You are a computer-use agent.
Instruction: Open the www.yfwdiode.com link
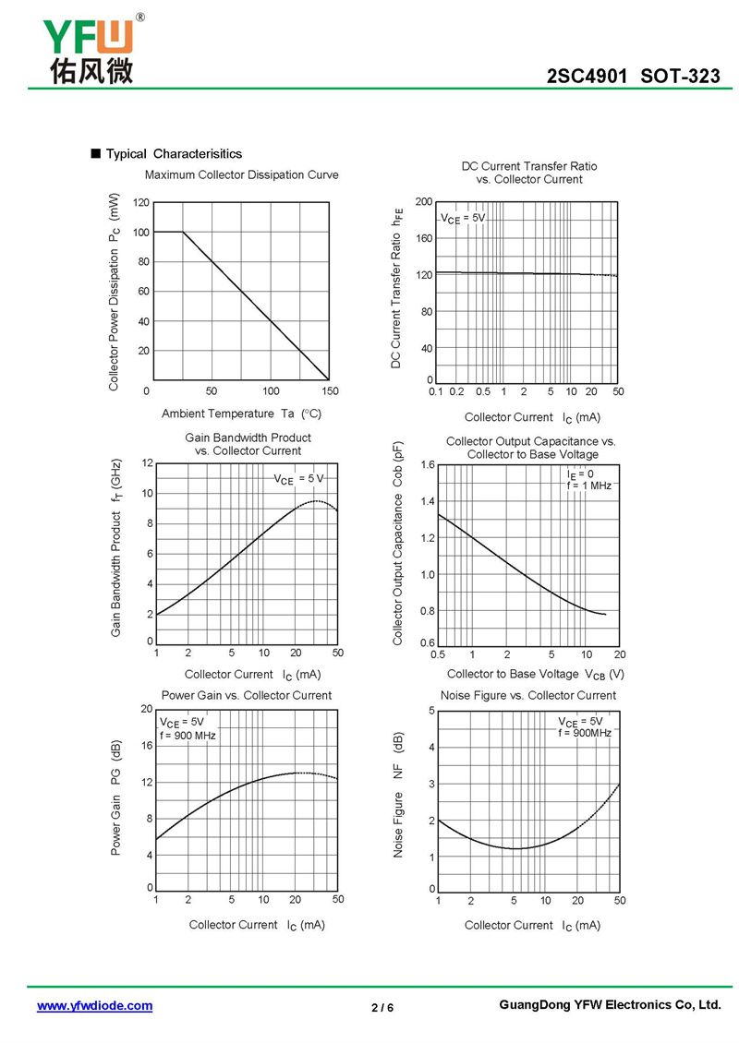pos(94,1005)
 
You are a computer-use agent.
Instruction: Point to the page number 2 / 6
pos(382,1007)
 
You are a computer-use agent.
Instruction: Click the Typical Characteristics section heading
pos(173,153)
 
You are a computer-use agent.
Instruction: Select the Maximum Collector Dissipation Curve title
pos(242,174)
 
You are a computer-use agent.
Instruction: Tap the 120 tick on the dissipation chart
pos(140,202)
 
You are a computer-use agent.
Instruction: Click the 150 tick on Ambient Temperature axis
pos(330,391)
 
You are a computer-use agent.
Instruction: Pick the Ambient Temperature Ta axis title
pos(242,414)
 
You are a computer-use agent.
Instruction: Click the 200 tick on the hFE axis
pos(423,201)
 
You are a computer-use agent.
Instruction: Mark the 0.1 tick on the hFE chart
pos(437,391)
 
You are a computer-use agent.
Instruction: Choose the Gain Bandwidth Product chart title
pos(248,444)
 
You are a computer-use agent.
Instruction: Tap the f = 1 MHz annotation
pos(588,486)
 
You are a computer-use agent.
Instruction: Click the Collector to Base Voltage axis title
pos(536,674)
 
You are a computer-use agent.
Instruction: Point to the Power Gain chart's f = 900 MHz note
pos(188,736)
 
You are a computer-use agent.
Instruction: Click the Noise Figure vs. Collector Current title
pos(527,695)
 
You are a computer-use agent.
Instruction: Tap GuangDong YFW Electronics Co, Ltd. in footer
pos(609,1004)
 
